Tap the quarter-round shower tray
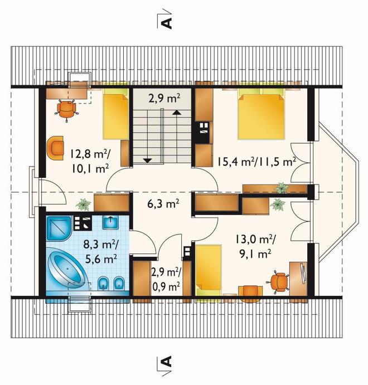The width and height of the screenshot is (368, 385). pyautogui.click(x=59, y=228)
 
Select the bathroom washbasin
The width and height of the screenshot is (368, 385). pyautogui.click(x=110, y=222)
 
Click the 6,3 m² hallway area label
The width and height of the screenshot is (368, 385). pyautogui.click(x=163, y=204)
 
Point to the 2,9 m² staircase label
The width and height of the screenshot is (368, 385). pyautogui.click(x=164, y=99)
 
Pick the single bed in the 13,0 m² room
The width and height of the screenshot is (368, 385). pyautogui.click(x=209, y=270)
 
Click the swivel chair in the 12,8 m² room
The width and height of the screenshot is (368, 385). pyautogui.click(x=66, y=110)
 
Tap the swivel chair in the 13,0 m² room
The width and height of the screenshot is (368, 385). pyautogui.click(x=279, y=282)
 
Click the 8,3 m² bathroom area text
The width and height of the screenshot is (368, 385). pyautogui.click(x=101, y=245)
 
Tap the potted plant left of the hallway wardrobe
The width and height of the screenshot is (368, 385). pyautogui.click(x=83, y=204)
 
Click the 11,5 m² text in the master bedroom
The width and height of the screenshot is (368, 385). pyautogui.click(x=279, y=162)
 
